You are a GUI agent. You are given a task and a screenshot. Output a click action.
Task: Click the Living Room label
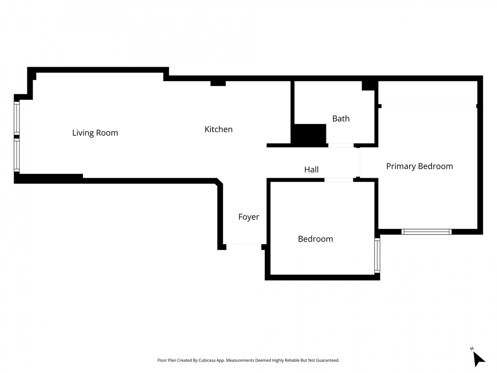tap(95, 133)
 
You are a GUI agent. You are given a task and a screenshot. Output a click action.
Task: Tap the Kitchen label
tap(218, 129)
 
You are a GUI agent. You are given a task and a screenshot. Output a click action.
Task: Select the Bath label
tap(341, 119)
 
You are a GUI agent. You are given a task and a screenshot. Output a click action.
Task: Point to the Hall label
tap(311, 170)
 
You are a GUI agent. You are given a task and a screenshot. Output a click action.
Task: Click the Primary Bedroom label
tap(419, 166)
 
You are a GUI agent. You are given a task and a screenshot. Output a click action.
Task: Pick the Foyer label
tap(248, 217)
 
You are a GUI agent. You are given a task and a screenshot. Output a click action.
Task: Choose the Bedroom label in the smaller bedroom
tap(315, 239)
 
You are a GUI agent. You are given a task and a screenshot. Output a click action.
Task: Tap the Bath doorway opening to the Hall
tap(341, 145)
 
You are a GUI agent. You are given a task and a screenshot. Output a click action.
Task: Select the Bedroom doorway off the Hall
tap(338, 180)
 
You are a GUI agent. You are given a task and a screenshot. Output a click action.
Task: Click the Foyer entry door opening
tap(244, 245)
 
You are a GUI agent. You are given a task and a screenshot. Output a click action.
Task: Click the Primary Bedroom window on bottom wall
tap(427, 232)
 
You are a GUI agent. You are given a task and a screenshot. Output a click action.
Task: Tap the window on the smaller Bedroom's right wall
tap(377, 255)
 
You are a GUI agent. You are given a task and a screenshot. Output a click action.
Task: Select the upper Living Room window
tap(17, 118)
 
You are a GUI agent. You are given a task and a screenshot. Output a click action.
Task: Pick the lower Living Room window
tap(17, 155)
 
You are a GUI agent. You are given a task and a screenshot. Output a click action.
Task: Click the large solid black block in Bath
tap(309, 135)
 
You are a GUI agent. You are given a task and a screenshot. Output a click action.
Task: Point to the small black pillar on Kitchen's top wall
tap(218, 83)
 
